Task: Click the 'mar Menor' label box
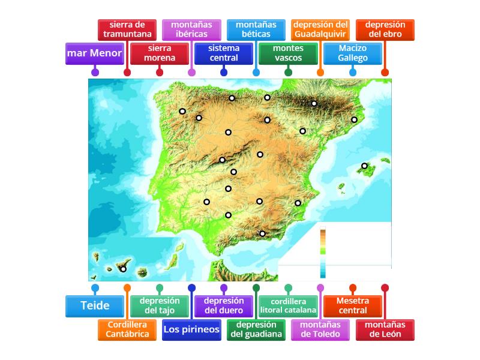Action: pos(95,53)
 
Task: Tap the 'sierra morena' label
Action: pos(160,53)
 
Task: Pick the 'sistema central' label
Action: pos(224,53)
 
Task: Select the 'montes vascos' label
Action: pos(288,53)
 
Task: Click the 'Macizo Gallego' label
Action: pos(353,53)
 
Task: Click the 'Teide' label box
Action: pos(95,305)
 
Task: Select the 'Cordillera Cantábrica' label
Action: pos(127,329)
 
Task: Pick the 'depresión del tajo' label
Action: pos(160,305)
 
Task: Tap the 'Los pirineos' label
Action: pos(191,329)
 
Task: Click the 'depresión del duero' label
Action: pos(224,305)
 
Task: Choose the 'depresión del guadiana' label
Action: pos(256,329)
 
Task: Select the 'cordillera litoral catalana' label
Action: pos(289,305)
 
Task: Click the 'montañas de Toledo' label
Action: pos(320,329)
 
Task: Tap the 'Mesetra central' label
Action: pos(353,305)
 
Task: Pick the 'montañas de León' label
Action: pos(385,329)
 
